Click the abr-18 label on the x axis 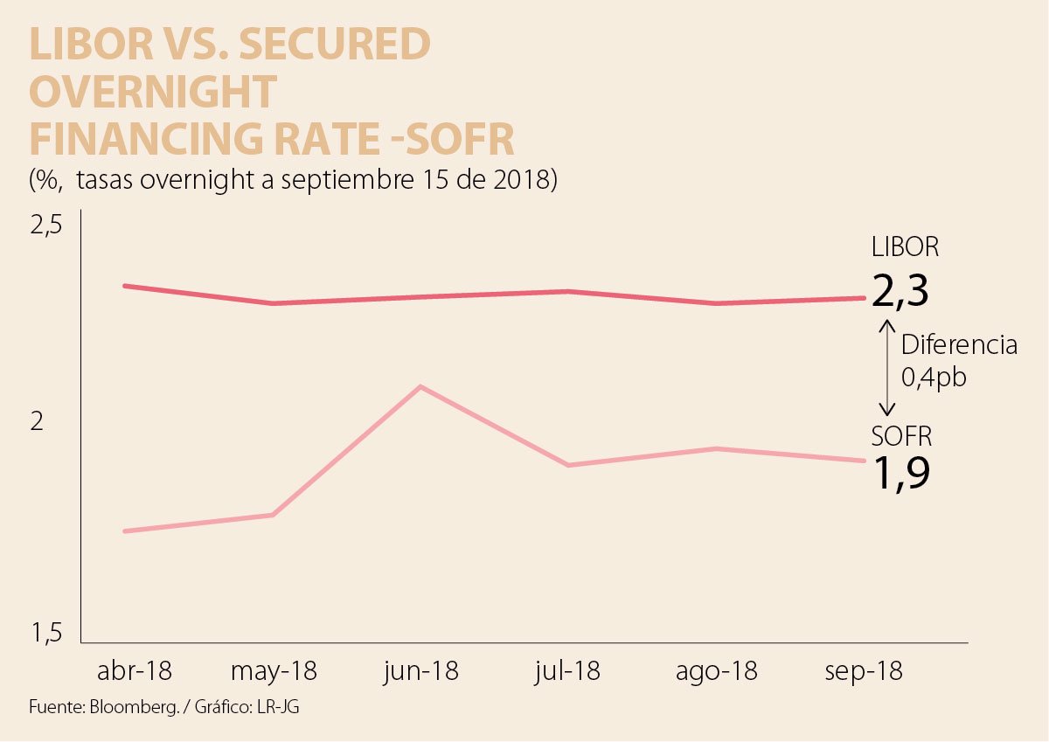tap(135, 671)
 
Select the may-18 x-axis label tap(274, 671)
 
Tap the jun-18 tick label tap(420, 671)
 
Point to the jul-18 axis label tap(568, 671)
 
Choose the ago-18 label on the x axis tap(717, 671)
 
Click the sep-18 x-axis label tap(864, 671)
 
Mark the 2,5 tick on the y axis tap(47, 226)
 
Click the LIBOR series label tap(905, 247)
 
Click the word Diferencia tap(959, 345)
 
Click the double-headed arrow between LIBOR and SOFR tap(887, 367)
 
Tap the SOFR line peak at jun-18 tap(421, 386)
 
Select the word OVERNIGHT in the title tap(153, 92)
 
